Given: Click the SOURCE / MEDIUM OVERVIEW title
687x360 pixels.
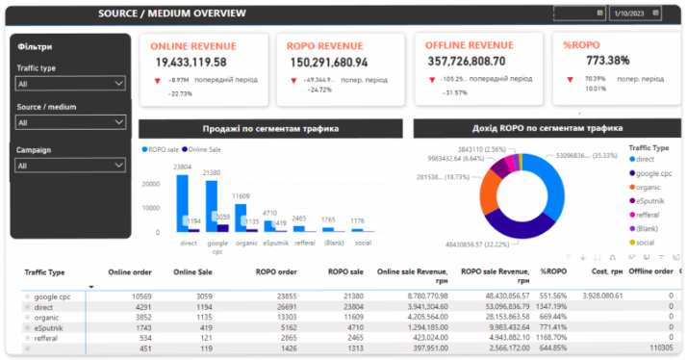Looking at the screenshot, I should tap(172, 13).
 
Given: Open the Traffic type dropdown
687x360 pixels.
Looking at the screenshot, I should tap(70, 84).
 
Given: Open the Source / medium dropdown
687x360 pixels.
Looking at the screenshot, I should tap(70, 122).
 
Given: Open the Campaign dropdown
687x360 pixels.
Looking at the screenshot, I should tap(70, 166).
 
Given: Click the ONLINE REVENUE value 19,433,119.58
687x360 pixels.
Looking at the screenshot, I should tap(191, 62).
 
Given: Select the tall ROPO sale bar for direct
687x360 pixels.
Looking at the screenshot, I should tap(181, 203).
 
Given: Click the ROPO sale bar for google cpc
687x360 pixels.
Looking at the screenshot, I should tap(209, 206).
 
